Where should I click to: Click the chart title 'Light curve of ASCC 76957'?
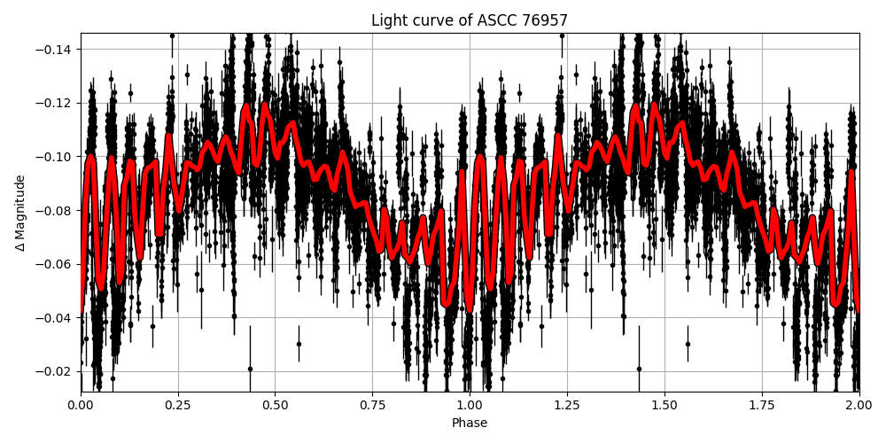470,20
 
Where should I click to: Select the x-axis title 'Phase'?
470,424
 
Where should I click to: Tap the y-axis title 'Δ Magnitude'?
20,213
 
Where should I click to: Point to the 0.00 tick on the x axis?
81,405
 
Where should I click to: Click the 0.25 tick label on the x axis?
178,405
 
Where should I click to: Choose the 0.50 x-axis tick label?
275,405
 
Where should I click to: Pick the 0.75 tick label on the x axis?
372,405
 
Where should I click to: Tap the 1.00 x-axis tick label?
470,405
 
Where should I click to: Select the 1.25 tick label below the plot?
567,405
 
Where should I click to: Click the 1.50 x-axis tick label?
664,405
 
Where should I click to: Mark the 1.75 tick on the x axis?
762,405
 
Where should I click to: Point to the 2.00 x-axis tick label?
859,405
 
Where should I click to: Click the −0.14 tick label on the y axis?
55,50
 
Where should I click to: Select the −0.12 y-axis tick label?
55,104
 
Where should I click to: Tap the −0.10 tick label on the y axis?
55,157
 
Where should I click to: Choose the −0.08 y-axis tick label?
55,211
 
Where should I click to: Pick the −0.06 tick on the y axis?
55,264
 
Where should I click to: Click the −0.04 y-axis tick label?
55,318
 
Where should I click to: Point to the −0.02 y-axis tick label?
55,371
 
